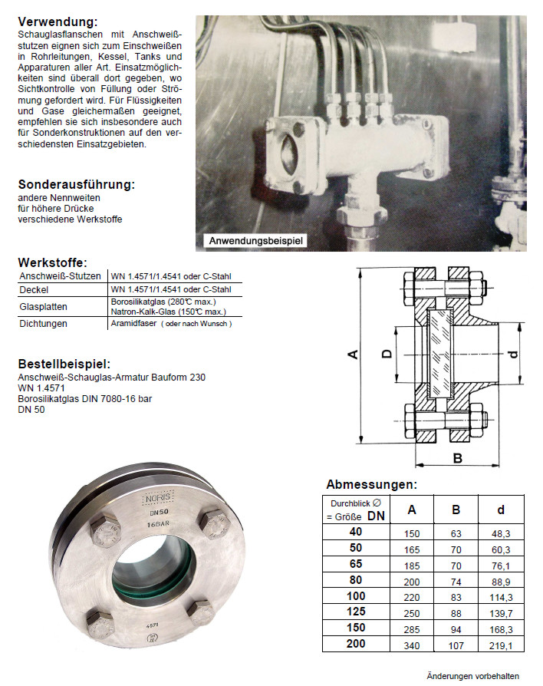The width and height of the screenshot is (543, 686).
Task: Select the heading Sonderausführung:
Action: (77, 185)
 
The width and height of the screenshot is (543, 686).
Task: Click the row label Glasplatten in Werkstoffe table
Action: (44, 307)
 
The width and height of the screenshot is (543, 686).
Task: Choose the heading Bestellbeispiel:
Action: (64, 364)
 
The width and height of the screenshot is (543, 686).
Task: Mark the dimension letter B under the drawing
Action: (456, 459)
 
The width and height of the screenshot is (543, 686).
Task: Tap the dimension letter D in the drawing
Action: (387, 353)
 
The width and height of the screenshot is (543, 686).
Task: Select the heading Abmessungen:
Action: (371, 484)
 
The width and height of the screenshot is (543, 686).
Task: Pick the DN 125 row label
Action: (356, 612)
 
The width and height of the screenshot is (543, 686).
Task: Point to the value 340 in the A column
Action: (412, 645)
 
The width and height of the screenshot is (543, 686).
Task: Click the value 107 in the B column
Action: (456, 645)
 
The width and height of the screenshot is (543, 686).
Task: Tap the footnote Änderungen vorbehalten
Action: (473, 676)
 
